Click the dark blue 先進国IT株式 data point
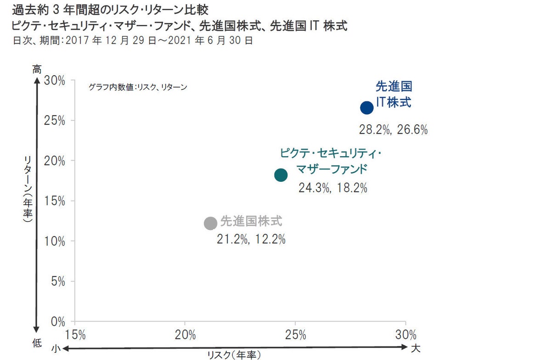click(366, 108)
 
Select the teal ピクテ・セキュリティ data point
click(281, 175)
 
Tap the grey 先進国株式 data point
click(210, 223)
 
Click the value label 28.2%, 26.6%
click(393, 130)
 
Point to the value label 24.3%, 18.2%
click(333, 188)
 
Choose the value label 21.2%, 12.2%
click(251, 239)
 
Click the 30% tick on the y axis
click(55, 81)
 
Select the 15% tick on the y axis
click(55, 201)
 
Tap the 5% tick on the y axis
click(57, 281)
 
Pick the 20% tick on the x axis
click(185, 334)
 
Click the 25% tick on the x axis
click(295, 334)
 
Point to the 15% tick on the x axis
click(75, 334)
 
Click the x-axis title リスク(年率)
click(234, 355)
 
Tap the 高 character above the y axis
click(37, 69)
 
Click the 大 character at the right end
click(415, 348)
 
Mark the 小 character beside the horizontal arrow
click(56, 349)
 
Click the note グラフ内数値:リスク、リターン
click(138, 87)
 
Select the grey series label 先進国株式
click(251, 221)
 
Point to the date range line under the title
click(133, 40)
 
